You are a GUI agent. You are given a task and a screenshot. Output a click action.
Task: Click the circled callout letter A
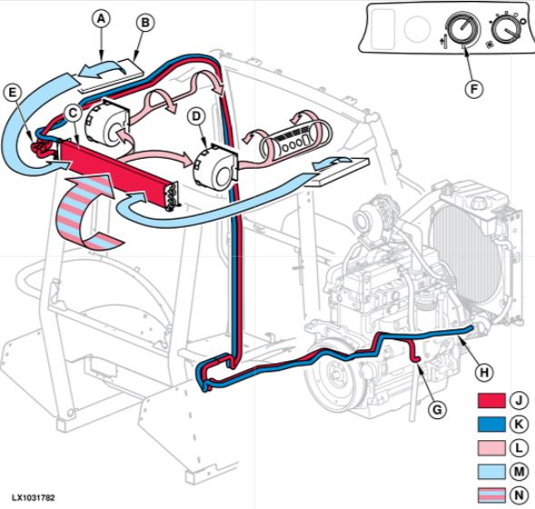point(101,19)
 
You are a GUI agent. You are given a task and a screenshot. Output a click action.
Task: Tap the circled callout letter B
point(145,23)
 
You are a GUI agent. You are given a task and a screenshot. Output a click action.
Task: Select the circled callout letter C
point(73,113)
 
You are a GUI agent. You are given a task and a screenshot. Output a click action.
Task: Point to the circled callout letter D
point(196,116)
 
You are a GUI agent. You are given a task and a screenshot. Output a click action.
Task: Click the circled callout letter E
point(13,93)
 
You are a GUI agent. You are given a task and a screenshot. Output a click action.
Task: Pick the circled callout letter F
point(474,89)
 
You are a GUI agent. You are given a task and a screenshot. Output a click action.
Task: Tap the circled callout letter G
point(437,409)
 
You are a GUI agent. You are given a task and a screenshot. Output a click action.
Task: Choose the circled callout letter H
point(484,372)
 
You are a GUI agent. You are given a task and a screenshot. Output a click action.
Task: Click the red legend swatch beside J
point(491,401)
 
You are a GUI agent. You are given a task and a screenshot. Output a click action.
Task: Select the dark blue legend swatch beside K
point(491,425)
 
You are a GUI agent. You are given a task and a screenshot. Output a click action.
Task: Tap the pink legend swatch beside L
point(491,448)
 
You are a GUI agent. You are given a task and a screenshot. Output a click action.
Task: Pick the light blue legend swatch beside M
point(491,472)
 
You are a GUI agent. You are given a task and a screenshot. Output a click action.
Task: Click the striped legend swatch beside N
point(491,495)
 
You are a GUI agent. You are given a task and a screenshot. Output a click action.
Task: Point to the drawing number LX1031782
point(33,498)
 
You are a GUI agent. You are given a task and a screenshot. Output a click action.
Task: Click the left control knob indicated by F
point(462,30)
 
